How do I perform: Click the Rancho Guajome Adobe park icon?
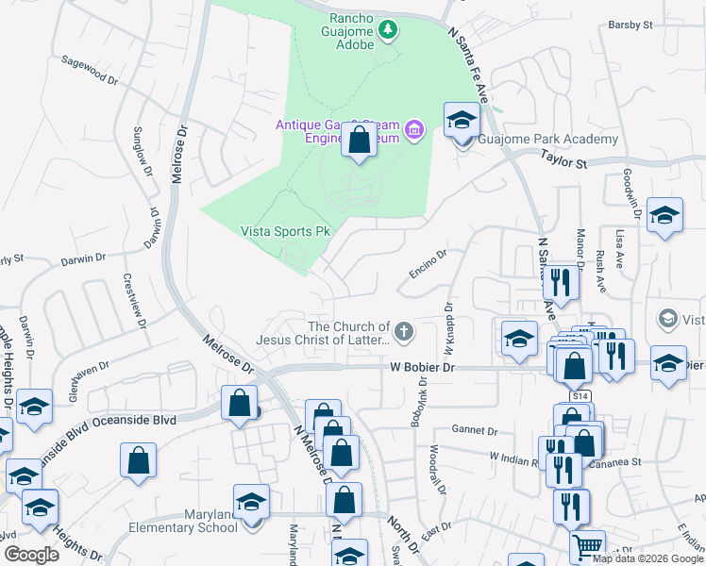[x=387, y=32]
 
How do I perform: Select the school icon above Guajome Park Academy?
[x=462, y=120]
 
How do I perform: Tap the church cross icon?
[x=404, y=330]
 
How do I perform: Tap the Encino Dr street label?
[x=428, y=263]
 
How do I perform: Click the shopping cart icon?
[x=587, y=546]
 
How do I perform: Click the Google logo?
[x=31, y=555]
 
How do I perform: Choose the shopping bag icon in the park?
[x=359, y=141]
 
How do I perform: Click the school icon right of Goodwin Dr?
[x=665, y=216]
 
